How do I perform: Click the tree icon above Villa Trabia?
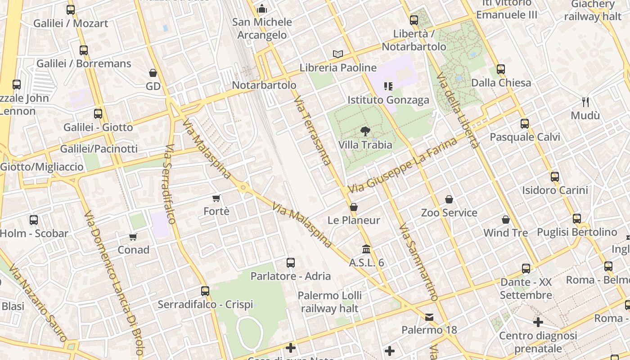[365, 131]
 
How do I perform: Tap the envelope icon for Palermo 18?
[429, 317]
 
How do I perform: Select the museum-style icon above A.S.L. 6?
[366, 249]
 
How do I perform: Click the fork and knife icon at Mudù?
[585, 102]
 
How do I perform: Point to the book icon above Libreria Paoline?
[338, 54]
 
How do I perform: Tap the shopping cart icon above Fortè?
[216, 198]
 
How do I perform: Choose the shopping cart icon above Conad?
[133, 237]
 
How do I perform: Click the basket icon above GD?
[153, 73]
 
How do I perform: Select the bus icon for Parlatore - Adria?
[291, 262]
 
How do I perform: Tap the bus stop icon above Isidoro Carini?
[555, 177]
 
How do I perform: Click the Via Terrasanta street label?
[313, 130]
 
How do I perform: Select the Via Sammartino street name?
[418, 262]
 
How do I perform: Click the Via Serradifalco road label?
[170, 184]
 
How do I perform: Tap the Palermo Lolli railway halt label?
[329, 302]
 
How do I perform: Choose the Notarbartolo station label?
[264, 85]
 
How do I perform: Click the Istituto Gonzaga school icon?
[388, 86]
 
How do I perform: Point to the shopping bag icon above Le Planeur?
[354, 207]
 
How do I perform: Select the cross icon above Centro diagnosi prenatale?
[538, 322]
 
